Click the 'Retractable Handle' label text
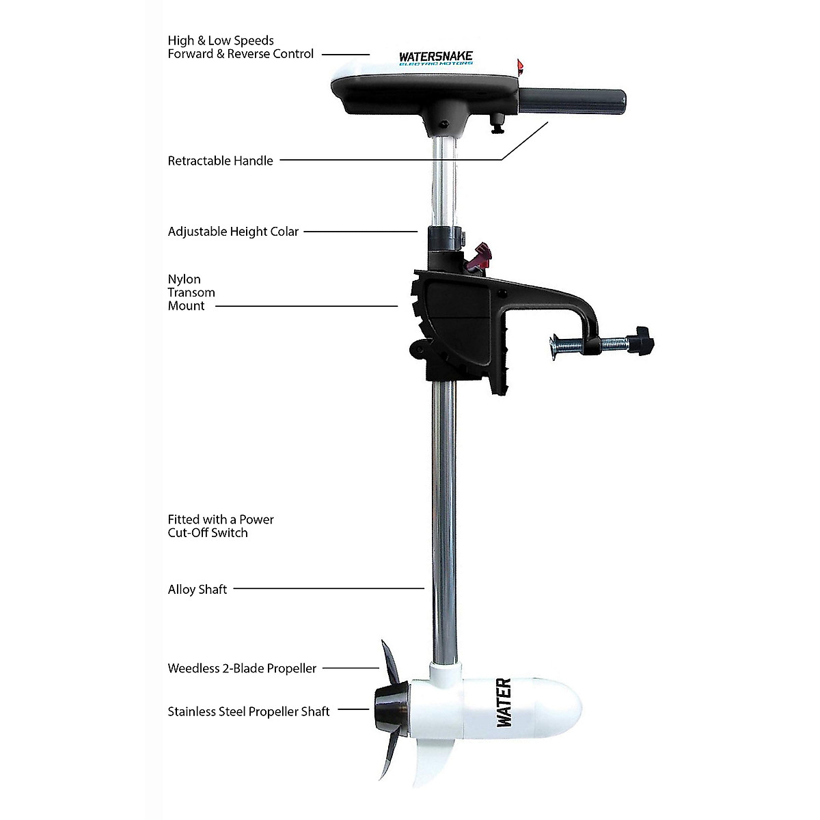click(220, 161)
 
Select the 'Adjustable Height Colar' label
click(233, 232)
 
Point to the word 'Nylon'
click(184, 279)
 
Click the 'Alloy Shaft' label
click(197, 589)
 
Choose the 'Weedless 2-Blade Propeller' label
click(242, 668)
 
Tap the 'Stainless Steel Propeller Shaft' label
click(249, 711)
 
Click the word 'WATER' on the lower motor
click(504, 702)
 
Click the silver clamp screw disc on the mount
click(555, 347)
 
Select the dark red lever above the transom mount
click(482, 257)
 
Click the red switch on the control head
click(520, 66)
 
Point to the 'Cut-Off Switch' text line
click(208, 533)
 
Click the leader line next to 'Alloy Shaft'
click(329, 588)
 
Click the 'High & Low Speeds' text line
click(221, 41)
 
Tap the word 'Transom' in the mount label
click(191, 292)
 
